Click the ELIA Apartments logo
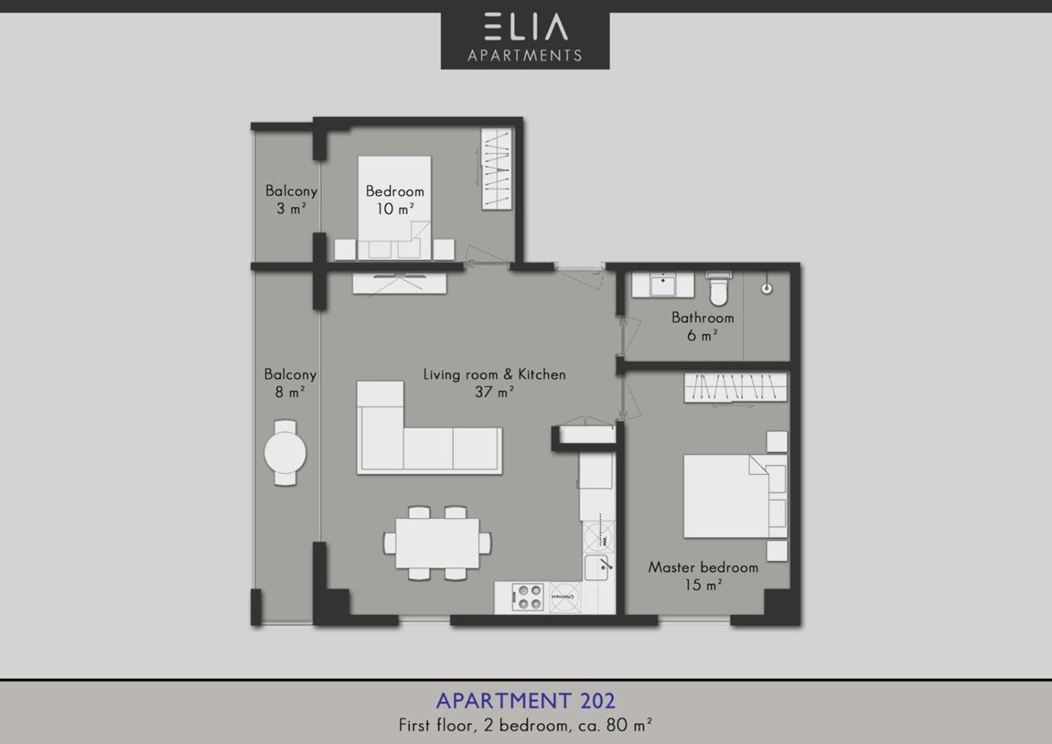(525, 40)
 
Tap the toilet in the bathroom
(718, 288)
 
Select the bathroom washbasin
(663, 284)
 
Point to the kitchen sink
(599, 568)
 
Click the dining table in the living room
(437, 543)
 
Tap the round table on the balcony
(285, 453)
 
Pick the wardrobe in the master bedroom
(735, 387)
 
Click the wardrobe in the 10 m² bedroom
(497, 169)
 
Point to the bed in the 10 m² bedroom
(395, 208)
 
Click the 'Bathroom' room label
(702, 318)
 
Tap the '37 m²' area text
(494, 391)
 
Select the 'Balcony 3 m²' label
(291, 199)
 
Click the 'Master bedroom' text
(703, 568)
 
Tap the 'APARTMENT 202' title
(525, 700)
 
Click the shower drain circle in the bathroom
(766, 289)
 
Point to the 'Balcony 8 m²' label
(290, 383)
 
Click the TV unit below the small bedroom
(399, 283)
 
